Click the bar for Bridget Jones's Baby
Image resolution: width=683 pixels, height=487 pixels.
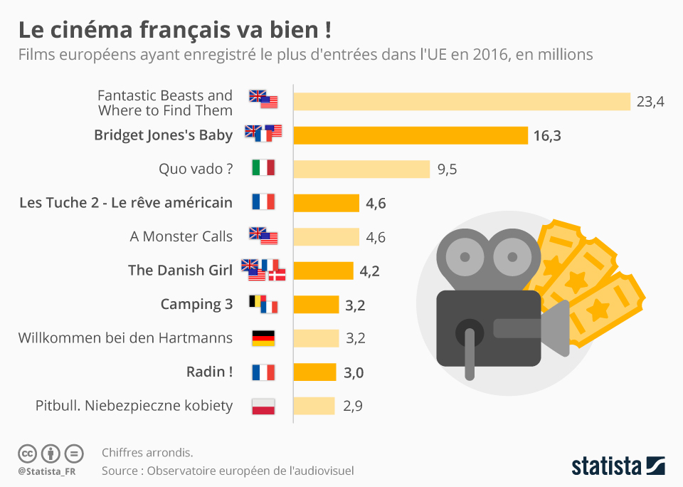click(x=411, y=135)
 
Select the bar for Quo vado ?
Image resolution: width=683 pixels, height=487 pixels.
click(x=361, y=169)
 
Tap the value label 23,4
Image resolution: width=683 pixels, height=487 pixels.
click(x=650, y=102)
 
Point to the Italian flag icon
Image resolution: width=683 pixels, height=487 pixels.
click(x=263, y=169)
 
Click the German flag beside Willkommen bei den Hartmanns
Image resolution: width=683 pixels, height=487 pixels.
click(x=263, y=338)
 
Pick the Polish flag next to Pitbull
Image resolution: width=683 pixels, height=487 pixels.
click(x=263, y=407)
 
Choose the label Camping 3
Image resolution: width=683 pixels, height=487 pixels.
click(x=196, y=304)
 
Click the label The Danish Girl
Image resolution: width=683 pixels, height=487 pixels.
click(x=180, y=270)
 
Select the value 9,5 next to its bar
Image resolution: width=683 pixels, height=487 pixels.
click(x=447, y=169)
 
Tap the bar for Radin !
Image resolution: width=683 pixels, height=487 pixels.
click(x=314, y=372)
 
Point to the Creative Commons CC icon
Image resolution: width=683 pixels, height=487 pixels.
click(x=28, y=454)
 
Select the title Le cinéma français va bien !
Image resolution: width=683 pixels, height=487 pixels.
click(x=174, y=31)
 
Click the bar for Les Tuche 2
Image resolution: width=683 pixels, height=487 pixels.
click(x=326, y=203)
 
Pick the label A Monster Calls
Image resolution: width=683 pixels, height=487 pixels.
click(x=181, y=236)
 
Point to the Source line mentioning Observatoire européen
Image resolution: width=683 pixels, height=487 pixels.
click(x=227, y=471)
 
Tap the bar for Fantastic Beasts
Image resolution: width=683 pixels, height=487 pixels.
click(x=462, y=102)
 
